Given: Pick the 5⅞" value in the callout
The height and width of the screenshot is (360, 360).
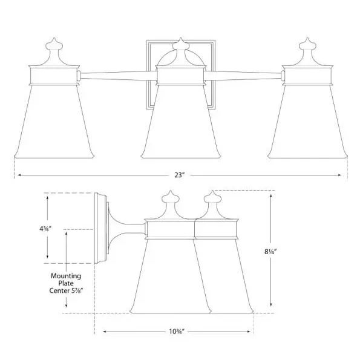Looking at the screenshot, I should pos(76,290).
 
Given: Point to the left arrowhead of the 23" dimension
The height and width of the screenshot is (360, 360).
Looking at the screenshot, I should pos(16,175).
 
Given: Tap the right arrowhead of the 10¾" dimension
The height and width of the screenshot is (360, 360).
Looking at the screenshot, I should pos(250,332).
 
